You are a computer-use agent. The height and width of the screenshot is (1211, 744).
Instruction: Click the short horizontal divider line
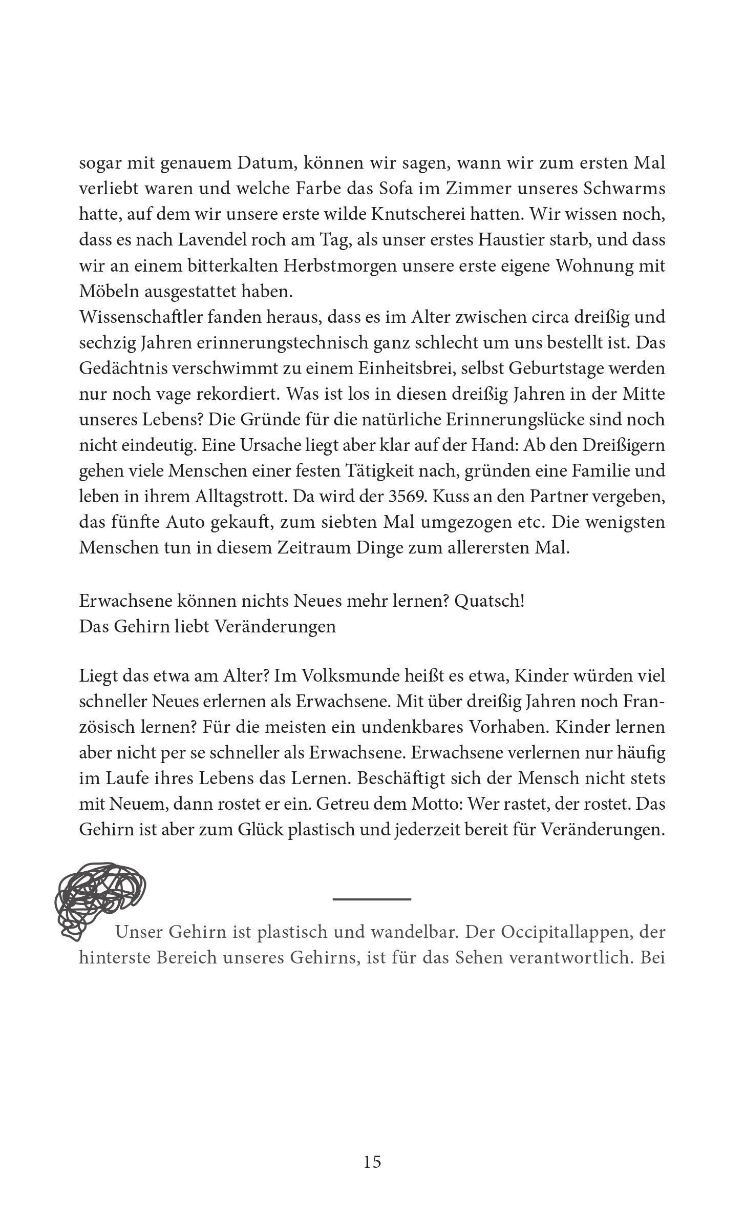(x=372, y=899)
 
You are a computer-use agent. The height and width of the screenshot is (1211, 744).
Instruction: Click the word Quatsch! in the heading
(x=489, y=601)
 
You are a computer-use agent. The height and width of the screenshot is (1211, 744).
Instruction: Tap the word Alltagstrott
(x=244, y=497)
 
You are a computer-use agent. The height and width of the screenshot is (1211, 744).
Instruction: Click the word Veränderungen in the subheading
(x=274, y=626)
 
